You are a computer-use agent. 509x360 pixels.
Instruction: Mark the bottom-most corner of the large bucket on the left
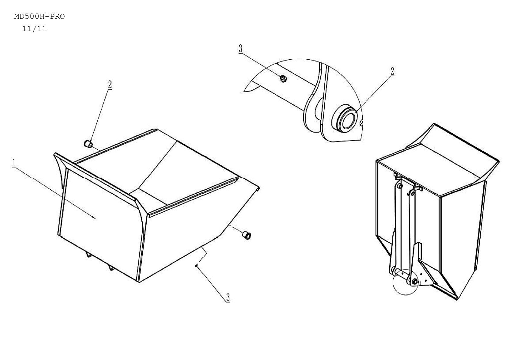pos(139,282)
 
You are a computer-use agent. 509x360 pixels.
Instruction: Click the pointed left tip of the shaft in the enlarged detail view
pos(244,91)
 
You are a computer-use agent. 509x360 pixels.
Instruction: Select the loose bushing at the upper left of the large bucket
pos(88,144)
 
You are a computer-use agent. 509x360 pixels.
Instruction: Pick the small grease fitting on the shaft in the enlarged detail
pos(283,79)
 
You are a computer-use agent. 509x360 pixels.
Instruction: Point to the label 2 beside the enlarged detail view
pos(392,71)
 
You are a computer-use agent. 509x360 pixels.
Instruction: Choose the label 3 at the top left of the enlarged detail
pos(241,49)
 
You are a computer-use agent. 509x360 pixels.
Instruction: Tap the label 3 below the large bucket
pos(228,297)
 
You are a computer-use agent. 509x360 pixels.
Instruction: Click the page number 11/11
pos(34,29)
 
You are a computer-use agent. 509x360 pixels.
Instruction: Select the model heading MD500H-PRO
pos(39,17)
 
